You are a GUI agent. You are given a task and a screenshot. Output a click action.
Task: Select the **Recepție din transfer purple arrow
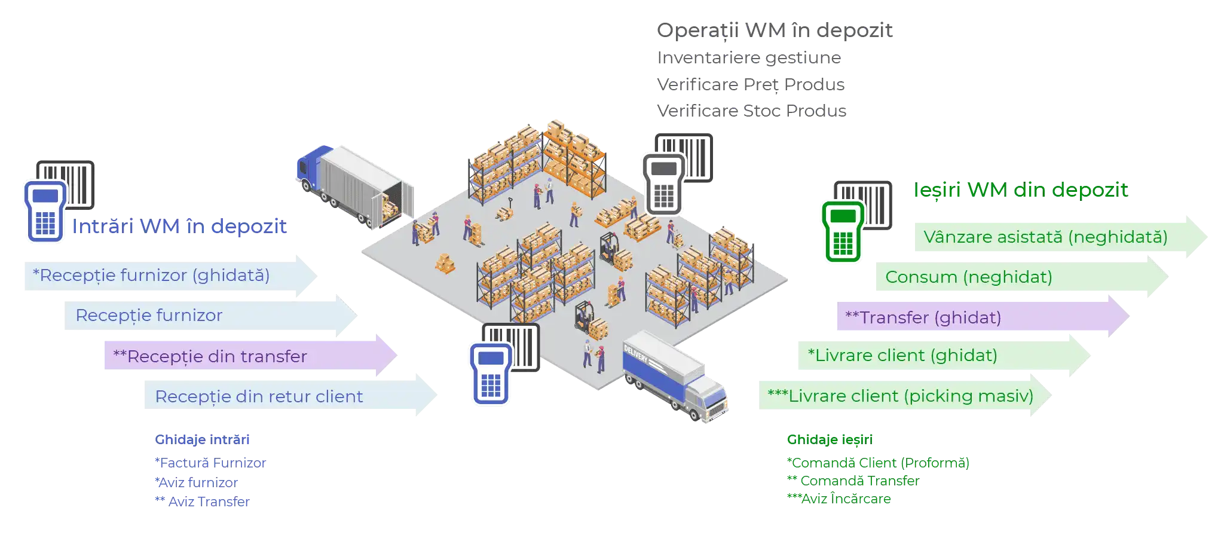pyautogui.click(x=239, y=356)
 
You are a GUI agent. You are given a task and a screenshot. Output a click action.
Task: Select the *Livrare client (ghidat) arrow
pyautogui.click(x=932, y=356)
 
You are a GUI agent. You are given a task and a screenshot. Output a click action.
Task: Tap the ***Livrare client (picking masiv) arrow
pyautogui.click(x=896, y=396)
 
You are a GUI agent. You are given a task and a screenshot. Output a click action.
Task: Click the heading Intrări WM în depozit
pyautogui.click(x=179, y=226)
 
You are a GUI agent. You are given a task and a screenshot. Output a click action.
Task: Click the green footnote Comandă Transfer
pyautogui.click(x=855, y=481)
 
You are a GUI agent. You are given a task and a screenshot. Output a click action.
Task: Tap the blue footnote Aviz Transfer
pyautogui.click(x=203, y=501)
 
